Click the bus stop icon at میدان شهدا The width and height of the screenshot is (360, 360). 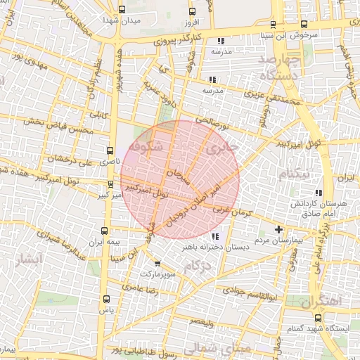point(123,10)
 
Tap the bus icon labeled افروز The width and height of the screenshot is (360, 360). point(192,11)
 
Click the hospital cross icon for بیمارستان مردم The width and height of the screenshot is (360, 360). point(279,229)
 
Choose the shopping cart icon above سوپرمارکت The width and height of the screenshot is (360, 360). point(157,263)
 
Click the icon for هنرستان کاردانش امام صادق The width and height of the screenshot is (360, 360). point(319,193)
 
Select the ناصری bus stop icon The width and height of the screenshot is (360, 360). point(109,150)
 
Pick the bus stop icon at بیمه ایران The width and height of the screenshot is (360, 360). point(105,231)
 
